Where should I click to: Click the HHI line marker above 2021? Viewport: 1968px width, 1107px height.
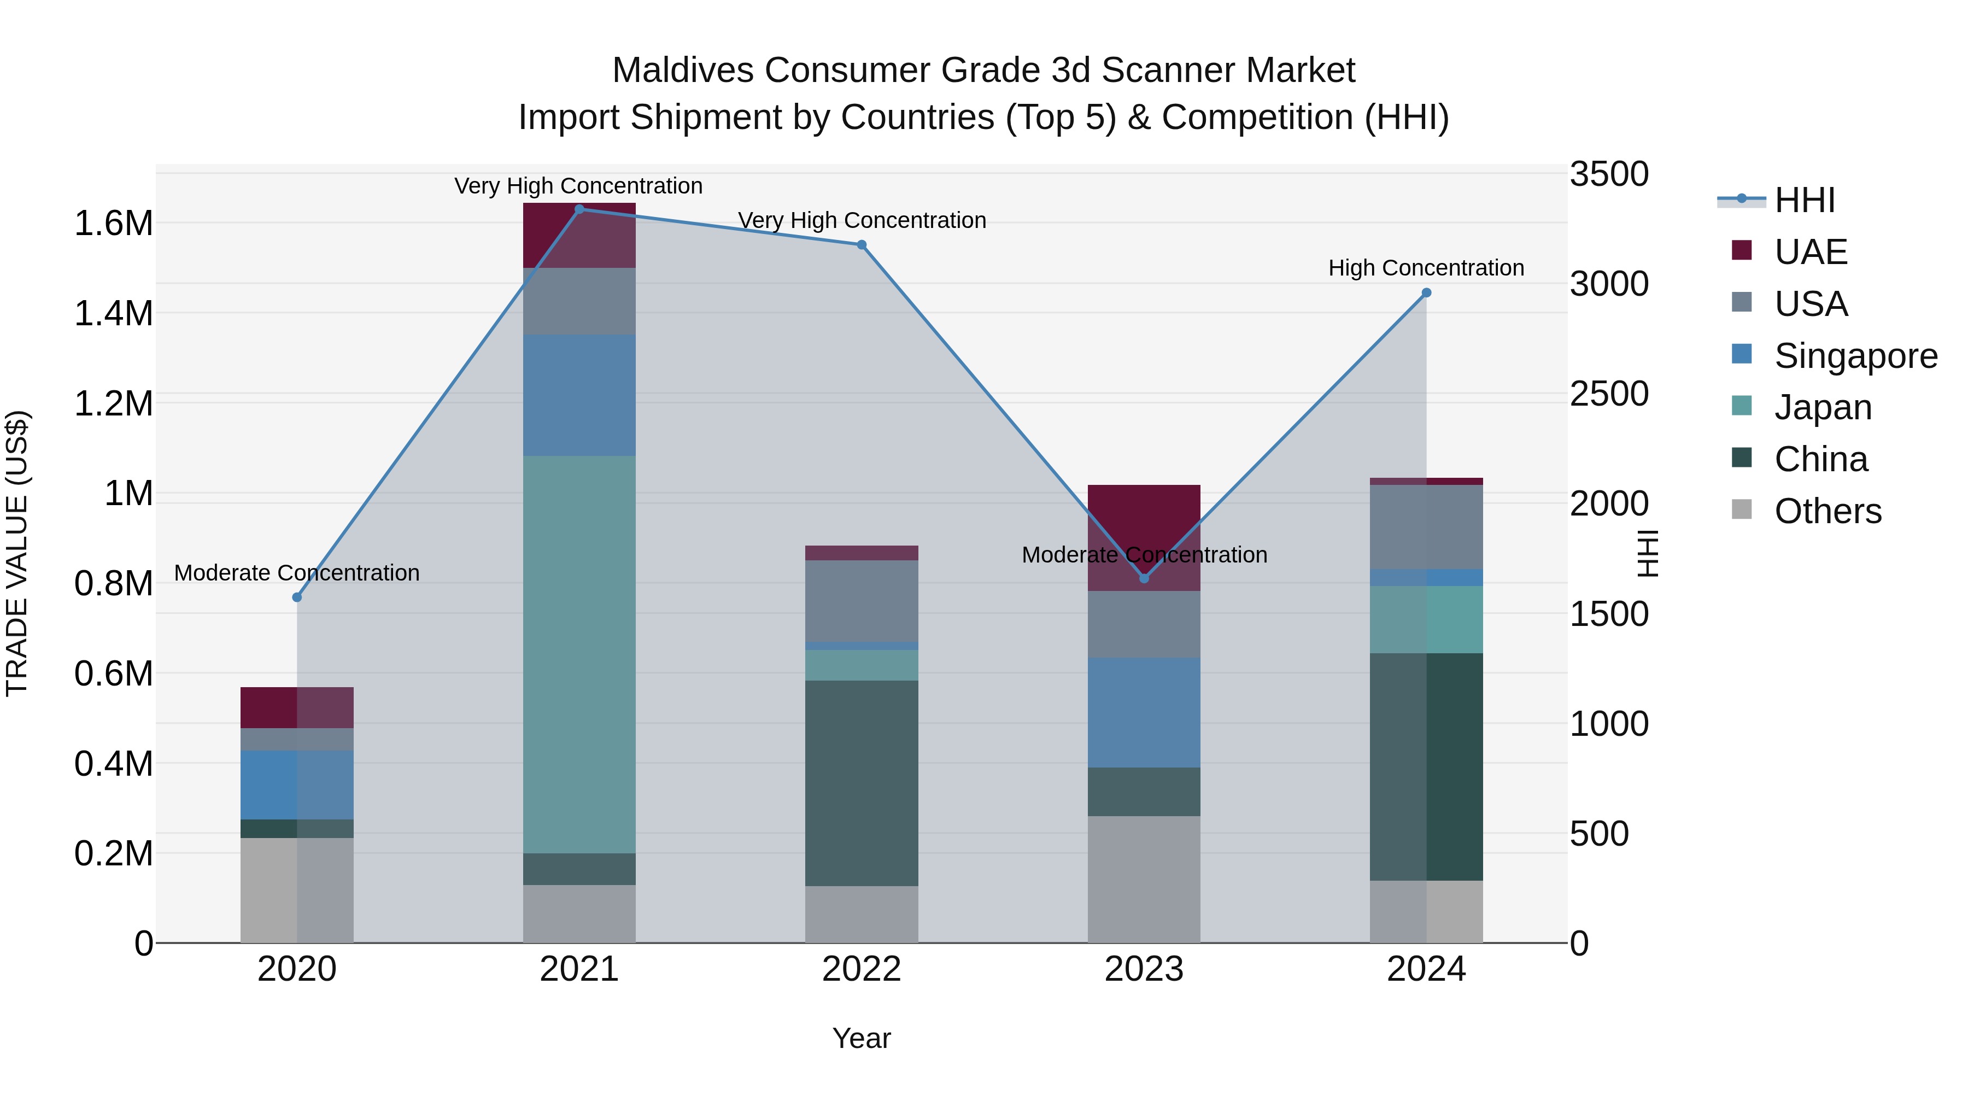click(x=579, y=209)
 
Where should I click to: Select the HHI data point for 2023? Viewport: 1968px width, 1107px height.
click(x=1144, y=578)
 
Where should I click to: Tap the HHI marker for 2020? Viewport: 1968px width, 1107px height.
click(x=297, y=598)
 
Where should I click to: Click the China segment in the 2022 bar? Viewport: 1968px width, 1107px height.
click(x=861, y=783)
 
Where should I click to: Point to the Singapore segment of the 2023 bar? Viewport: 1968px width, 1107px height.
click(x=1144, y=712)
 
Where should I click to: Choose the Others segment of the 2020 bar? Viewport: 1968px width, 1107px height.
click(x=297, y=890)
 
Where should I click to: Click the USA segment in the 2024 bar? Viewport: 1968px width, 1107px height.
click(x=1426, y=527)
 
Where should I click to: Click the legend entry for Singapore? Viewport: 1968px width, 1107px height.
click(x=1855, y=356)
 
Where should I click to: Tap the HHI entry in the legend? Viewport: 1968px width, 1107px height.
click(x=1804, y=200)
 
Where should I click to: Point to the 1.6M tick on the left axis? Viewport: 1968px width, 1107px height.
click(x=113, y=224)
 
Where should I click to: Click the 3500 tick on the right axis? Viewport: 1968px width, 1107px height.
click(x=1608, y=174)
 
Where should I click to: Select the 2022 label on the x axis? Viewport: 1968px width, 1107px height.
click(x=861, y=969)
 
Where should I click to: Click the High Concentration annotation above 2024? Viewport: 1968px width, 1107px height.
click(x=1426, y=268)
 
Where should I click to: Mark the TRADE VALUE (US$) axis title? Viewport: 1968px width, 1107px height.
click(x=17, y=553)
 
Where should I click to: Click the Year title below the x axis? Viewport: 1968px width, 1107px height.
click(x=861, y=1038)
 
